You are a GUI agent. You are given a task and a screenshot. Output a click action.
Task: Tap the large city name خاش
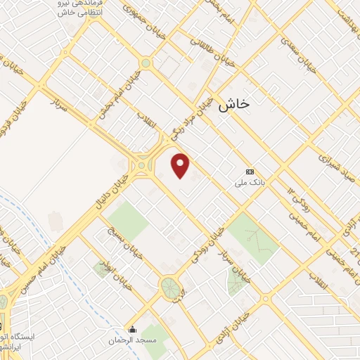point(234,104)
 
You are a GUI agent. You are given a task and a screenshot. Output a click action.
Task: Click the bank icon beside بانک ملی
point(249,172)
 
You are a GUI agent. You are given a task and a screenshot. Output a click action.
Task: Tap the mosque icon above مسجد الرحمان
point(132,329)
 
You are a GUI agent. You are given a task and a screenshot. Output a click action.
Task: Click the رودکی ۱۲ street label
point(297,200)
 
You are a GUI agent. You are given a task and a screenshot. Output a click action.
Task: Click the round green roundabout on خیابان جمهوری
point(146,63)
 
